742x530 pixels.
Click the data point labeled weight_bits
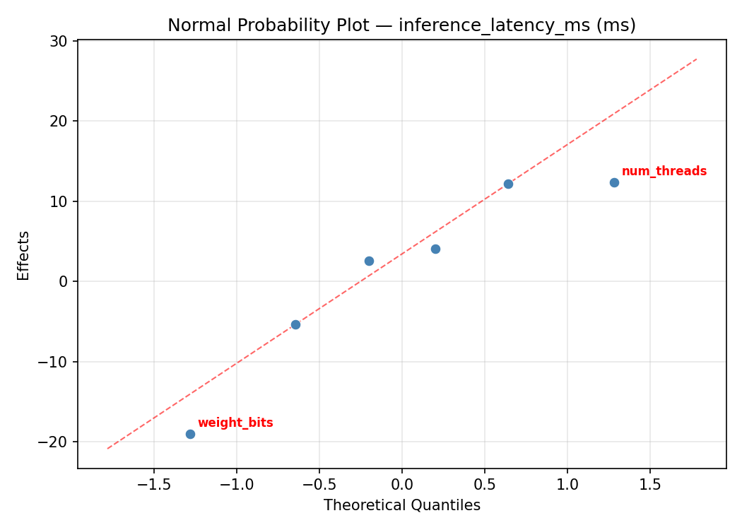tap(190, 434)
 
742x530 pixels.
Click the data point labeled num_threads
tap(614, 182)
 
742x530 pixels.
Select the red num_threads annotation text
tap(664, 171)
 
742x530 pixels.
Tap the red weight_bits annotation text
tap(235, 423)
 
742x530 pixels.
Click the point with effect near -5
tap(295, 324)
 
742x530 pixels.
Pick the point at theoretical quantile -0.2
tap(369, 261)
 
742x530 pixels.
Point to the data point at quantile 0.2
tap(435, 249)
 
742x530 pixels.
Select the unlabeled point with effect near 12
tap(508, 184)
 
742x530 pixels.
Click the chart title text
tap(401, 25)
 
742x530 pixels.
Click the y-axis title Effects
tap(24, 255)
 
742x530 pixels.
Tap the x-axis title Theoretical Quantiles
tap(401, 505)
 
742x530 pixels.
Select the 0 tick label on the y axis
tap(64, 281)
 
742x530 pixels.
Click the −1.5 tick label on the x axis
tap(153, 485)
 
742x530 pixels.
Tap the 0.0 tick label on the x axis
tap(401, 485)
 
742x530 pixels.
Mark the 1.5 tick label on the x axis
tap(650, 485)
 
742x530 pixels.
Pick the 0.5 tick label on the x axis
tap(484, 485)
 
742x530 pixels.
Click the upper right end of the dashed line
tap(697, 59)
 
